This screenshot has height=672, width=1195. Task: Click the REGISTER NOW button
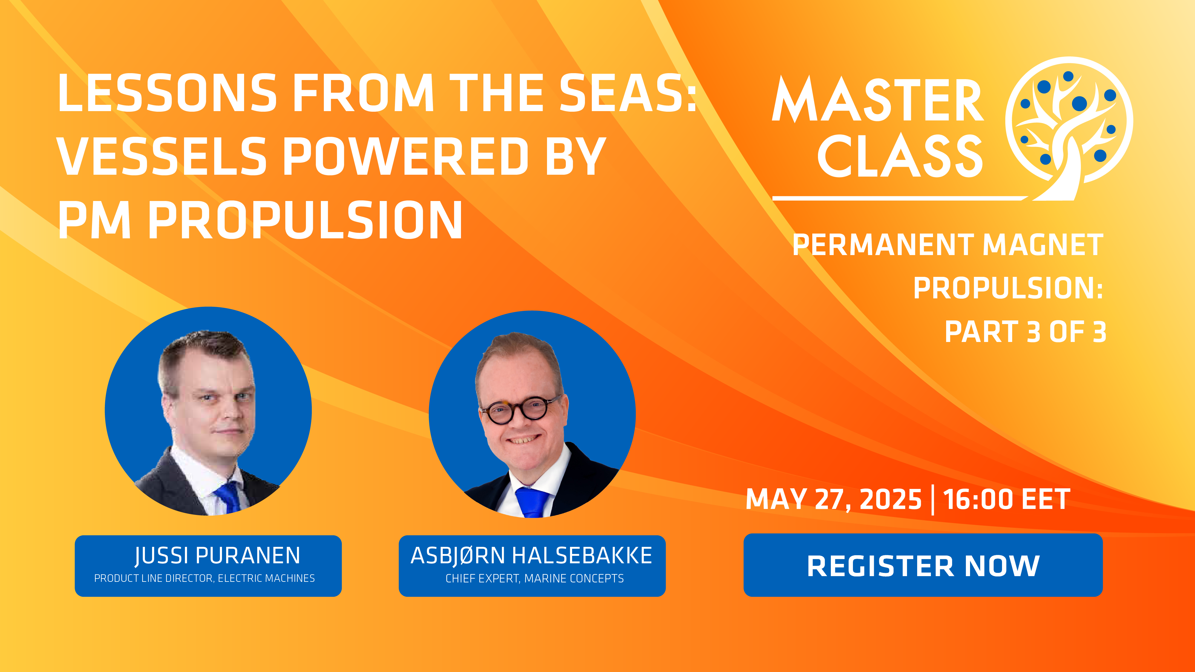coord(923,565)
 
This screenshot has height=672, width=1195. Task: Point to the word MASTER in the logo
coord(878,99)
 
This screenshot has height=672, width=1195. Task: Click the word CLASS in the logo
coord(900,156)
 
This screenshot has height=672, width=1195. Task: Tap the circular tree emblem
coord(1069,128)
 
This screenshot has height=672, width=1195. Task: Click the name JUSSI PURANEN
coord(217,556)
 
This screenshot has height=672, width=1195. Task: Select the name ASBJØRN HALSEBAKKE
coord(532,556)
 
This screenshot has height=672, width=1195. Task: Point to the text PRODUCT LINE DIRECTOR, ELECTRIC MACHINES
coord(205,578)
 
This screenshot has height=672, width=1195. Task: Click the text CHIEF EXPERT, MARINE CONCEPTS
coord(534,578)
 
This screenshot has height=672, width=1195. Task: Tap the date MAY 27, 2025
coord(834,499)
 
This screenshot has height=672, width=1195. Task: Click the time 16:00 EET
coord(1007,499)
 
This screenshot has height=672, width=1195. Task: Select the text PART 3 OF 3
coord(1026,332)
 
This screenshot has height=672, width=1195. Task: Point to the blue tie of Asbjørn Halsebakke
coord(532,502)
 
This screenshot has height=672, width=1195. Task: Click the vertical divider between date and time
coord(932,499)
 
